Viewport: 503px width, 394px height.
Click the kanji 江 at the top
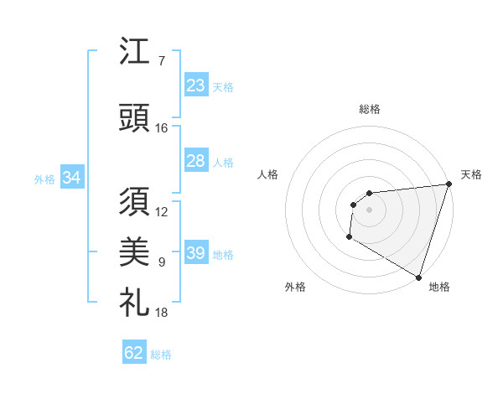[x=134, y=52]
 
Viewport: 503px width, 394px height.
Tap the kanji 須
[x=134, y=203]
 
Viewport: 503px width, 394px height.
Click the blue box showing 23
[x=195, y=86]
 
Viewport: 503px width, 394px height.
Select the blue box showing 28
[x=195, y=161]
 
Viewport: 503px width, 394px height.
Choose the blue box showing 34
[x=71, y=178]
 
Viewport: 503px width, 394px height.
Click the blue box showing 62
[x=134, y=353]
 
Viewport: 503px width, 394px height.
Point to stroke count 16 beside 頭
[x=161, y=127]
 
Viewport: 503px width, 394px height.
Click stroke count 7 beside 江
[x=161, y=61]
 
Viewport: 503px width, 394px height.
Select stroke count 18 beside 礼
[x=161, y=313]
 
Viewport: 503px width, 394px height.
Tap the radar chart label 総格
[x=370, y=109]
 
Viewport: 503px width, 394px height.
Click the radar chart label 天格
[x=471, y=174]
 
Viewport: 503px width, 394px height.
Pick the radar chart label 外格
[x=295, y=287]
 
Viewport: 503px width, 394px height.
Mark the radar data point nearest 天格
[x=449, y=184]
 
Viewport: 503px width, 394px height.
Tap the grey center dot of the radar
[x=369, y=210]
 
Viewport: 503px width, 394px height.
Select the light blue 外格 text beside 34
[x=44, y=179]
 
